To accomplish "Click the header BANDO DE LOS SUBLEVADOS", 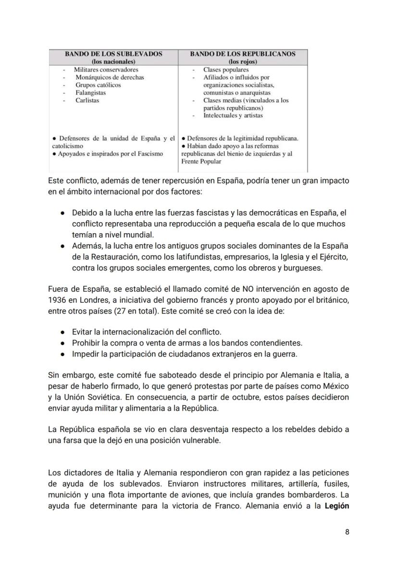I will click(113, 54).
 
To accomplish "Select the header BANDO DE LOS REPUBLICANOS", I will click(243, 54).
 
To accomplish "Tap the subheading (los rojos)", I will click(243, 61).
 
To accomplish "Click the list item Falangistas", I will click(91, 93).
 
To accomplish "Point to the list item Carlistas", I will click(87, 100).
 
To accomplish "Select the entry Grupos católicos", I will click(98, 85).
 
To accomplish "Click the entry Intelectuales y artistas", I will click(233, 116).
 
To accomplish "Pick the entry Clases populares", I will click(226, 70).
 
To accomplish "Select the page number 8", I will click(347, 532).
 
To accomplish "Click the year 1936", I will click(57, 300).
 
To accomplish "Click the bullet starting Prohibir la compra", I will click(187, 343).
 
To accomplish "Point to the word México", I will click(336, 386).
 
